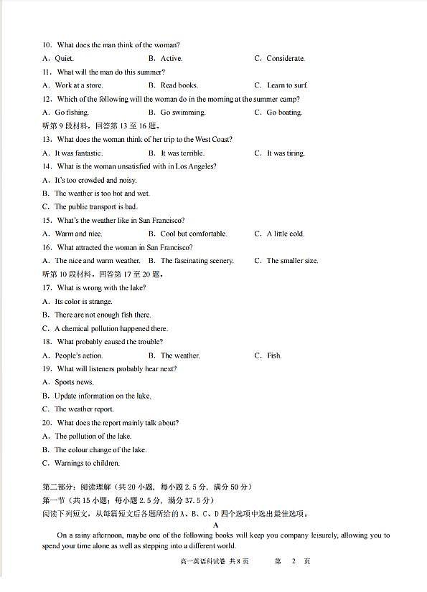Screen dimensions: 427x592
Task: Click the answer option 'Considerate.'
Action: coord(286,58)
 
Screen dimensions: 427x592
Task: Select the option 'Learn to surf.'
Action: coord(287,85)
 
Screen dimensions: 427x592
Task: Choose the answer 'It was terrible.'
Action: coord(182,153)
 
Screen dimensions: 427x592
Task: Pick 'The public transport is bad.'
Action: coord(95,206)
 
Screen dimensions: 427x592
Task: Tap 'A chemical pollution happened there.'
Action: coord(111,328)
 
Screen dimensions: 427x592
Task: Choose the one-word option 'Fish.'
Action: coord(274,355)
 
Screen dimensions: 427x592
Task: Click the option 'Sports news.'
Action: coord(74,382)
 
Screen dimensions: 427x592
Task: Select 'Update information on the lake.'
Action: coord(103,396)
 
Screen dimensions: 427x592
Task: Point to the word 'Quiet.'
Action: coord(64,58)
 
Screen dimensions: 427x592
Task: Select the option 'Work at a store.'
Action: coord(78,85)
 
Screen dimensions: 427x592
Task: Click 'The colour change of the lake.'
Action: coord(100,449)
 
